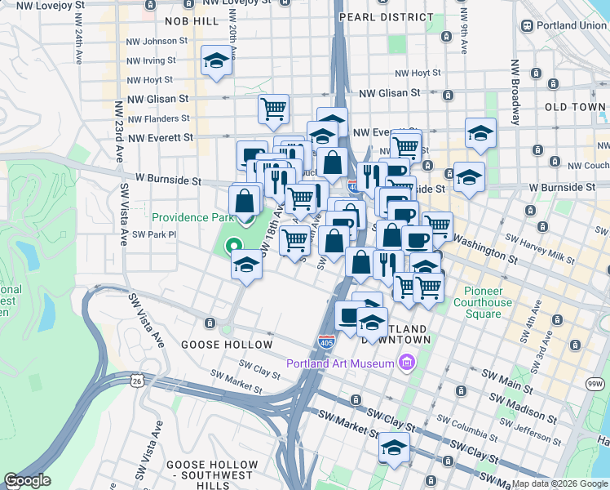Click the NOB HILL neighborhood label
(192, 20)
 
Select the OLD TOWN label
(575, 107)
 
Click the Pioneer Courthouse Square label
(488, 303)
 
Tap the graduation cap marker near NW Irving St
(216, 61)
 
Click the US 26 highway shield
(135, 381)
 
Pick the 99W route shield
(599, 383)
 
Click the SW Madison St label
(522, 403)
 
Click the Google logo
(27, 480)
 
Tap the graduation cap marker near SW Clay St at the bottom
(394, 448)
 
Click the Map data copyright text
(559, 483)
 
